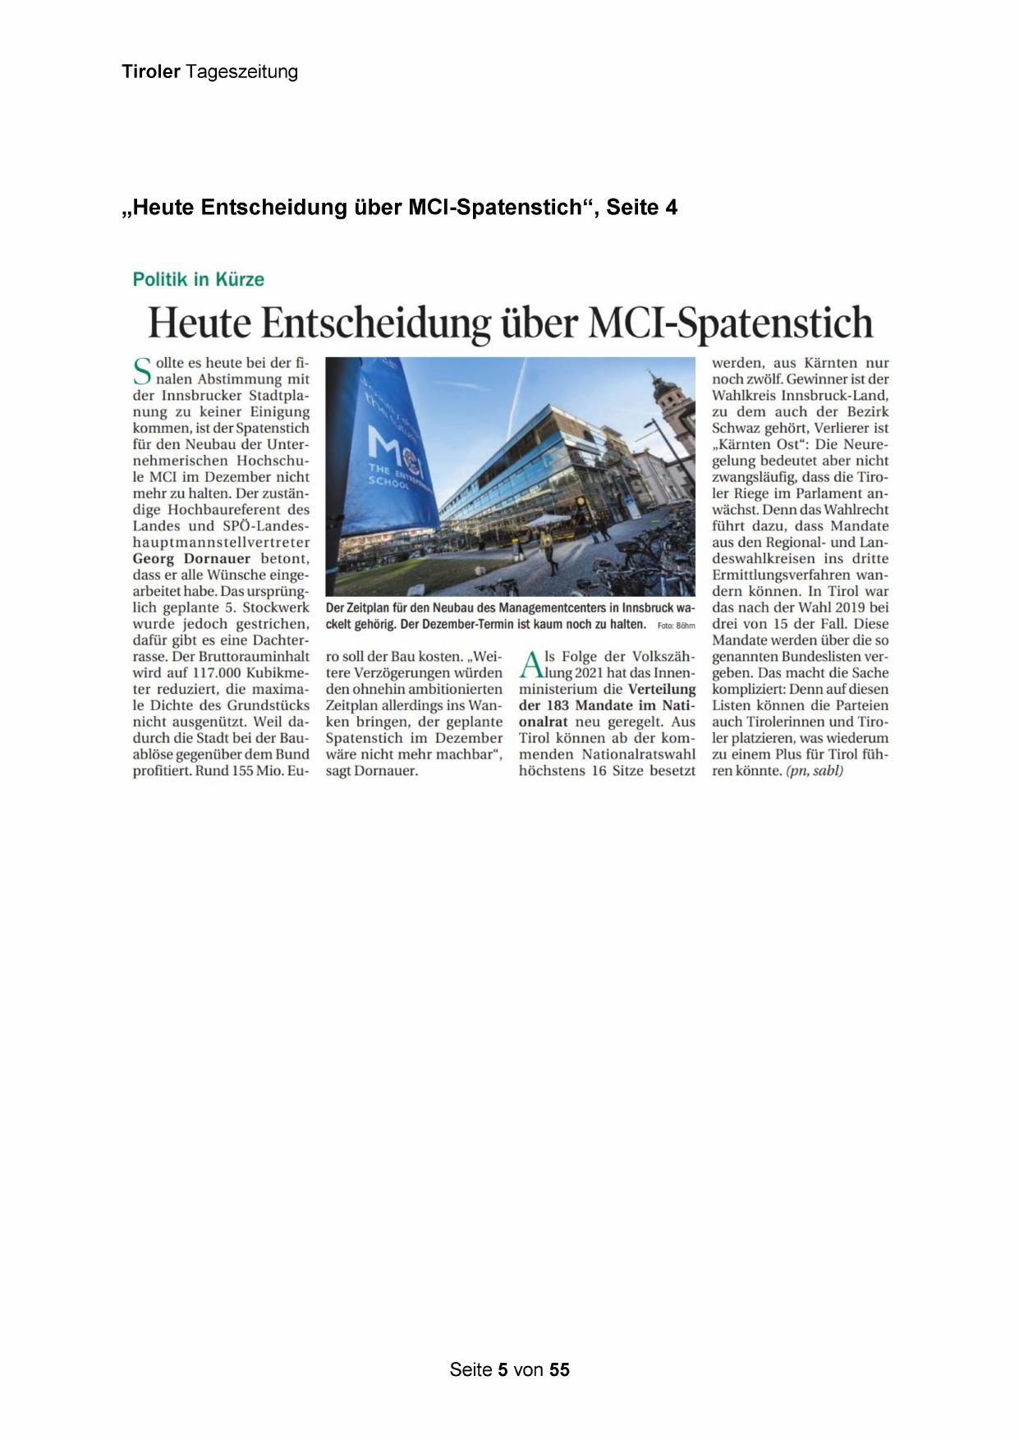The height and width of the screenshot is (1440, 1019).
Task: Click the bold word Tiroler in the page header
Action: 151,71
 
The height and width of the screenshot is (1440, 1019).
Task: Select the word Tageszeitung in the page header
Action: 241,72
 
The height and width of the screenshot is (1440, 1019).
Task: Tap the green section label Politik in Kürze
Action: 199,279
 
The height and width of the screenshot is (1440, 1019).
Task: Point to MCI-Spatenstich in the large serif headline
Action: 731,322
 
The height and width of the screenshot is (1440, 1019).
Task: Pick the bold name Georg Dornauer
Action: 191,559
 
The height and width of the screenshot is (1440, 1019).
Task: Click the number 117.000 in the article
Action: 219,673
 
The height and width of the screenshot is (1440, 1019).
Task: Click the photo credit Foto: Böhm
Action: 676,626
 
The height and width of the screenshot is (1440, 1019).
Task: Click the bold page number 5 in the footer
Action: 503,1369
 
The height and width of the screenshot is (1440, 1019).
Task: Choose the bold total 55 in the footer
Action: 559,1369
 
